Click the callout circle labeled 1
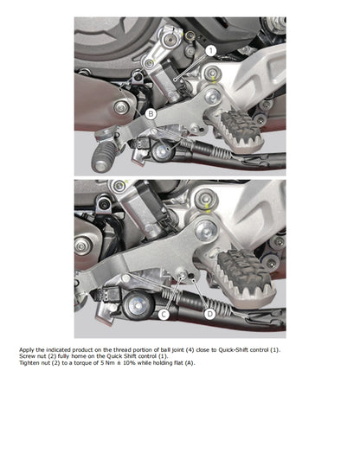pos(211,51)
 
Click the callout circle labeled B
pos(151,113)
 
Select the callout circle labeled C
pos(163,314)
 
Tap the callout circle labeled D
pos(209,314)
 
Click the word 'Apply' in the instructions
pos(27,350)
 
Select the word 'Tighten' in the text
pos(29,362)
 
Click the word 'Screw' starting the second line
pos(28,356)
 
